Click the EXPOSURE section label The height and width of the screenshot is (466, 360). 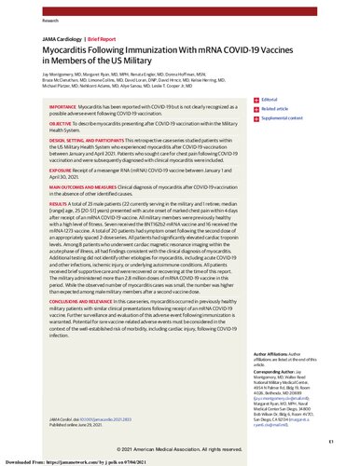click(x=36, y=198)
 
